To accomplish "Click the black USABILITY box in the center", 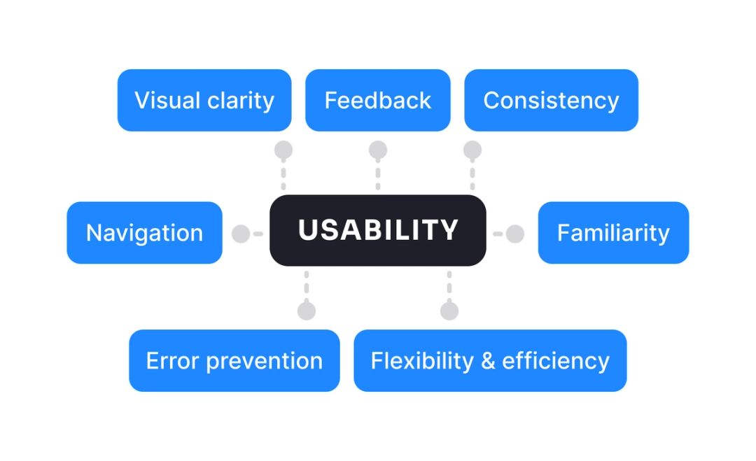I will click(x=378, y=230).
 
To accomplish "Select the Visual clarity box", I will click(x=204, y=100).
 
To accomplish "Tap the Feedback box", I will click(x=377, y=100).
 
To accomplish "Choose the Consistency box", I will click(x=551, y=100).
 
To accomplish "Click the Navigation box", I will click(x=144, y=233).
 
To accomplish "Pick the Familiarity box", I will click(x=613, y=233).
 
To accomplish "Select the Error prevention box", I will click(x=234, y=360).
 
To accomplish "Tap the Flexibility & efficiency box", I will click(x=490, y=360).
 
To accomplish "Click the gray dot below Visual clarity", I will click(x=283, y=150).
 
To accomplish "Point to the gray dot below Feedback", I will click(x=378, y=150).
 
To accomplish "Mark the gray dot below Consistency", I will click(x=472, y=150).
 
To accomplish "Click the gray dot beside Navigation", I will click(x=241, y=234).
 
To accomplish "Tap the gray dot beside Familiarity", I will click(x=515, y=234).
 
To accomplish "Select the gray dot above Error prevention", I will click(x=306, y=311).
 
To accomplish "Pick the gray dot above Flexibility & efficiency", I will click(x=449, y=311).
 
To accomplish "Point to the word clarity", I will click(x=240, y=101).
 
